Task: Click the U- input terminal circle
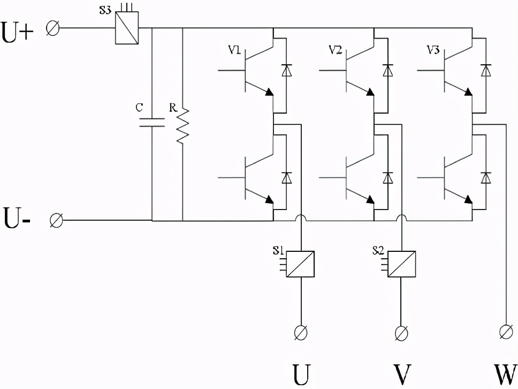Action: coord(56,220)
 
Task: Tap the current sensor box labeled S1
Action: coord(300,264)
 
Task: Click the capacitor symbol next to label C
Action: coord(152,122)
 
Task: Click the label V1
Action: coord(234,51)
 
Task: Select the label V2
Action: coord(335,50)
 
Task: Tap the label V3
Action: coord(433,50)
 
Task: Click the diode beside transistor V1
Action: coord(287,70)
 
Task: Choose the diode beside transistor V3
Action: coord(486,70)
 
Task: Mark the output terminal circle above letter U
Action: coord(301,332)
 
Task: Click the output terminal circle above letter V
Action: coord(401,333)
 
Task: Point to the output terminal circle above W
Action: coord(505,331)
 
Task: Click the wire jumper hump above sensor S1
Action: coord(301,218)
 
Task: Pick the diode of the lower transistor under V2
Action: coord(387,177)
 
